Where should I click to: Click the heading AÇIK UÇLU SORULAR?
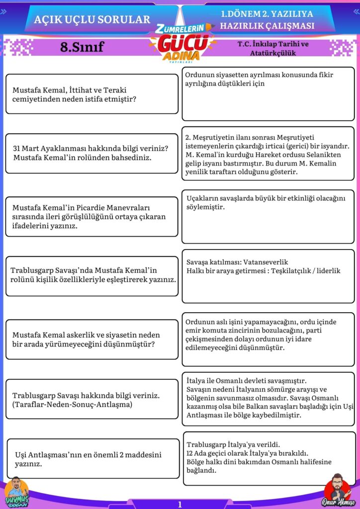92,19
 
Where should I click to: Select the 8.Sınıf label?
82,47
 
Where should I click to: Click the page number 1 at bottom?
180,505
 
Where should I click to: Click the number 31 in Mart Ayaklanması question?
17,149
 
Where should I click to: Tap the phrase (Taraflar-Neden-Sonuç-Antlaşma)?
72,405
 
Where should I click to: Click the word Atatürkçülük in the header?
272,53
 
